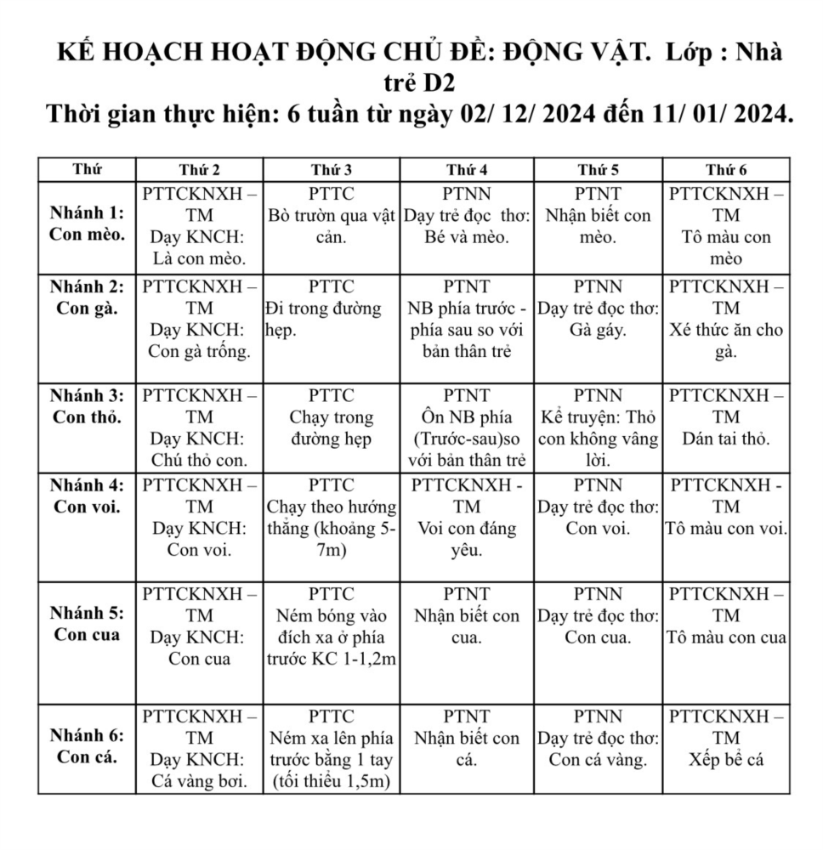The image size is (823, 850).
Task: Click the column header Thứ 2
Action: (x=199, y=169)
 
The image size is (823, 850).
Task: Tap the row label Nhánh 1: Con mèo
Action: (x=87, y=224)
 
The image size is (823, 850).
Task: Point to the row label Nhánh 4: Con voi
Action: (x=87, y=496)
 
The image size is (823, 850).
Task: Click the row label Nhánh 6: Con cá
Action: (x=87, y=746)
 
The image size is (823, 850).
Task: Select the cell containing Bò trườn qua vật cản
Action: (x=331, y=225)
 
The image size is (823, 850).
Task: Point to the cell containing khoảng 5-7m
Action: (x=331, y=518)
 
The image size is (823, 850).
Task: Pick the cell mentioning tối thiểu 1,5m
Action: (x=331, y=748)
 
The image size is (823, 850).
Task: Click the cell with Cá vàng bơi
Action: (x=199, y=748)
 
